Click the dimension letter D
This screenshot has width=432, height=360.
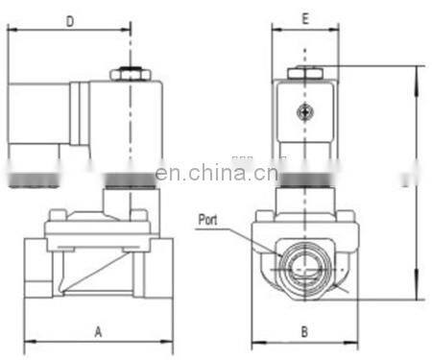[x=71, y=20]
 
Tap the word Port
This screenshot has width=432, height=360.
[x=207, y=220]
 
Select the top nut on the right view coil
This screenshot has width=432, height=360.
[x=304, y=71]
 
